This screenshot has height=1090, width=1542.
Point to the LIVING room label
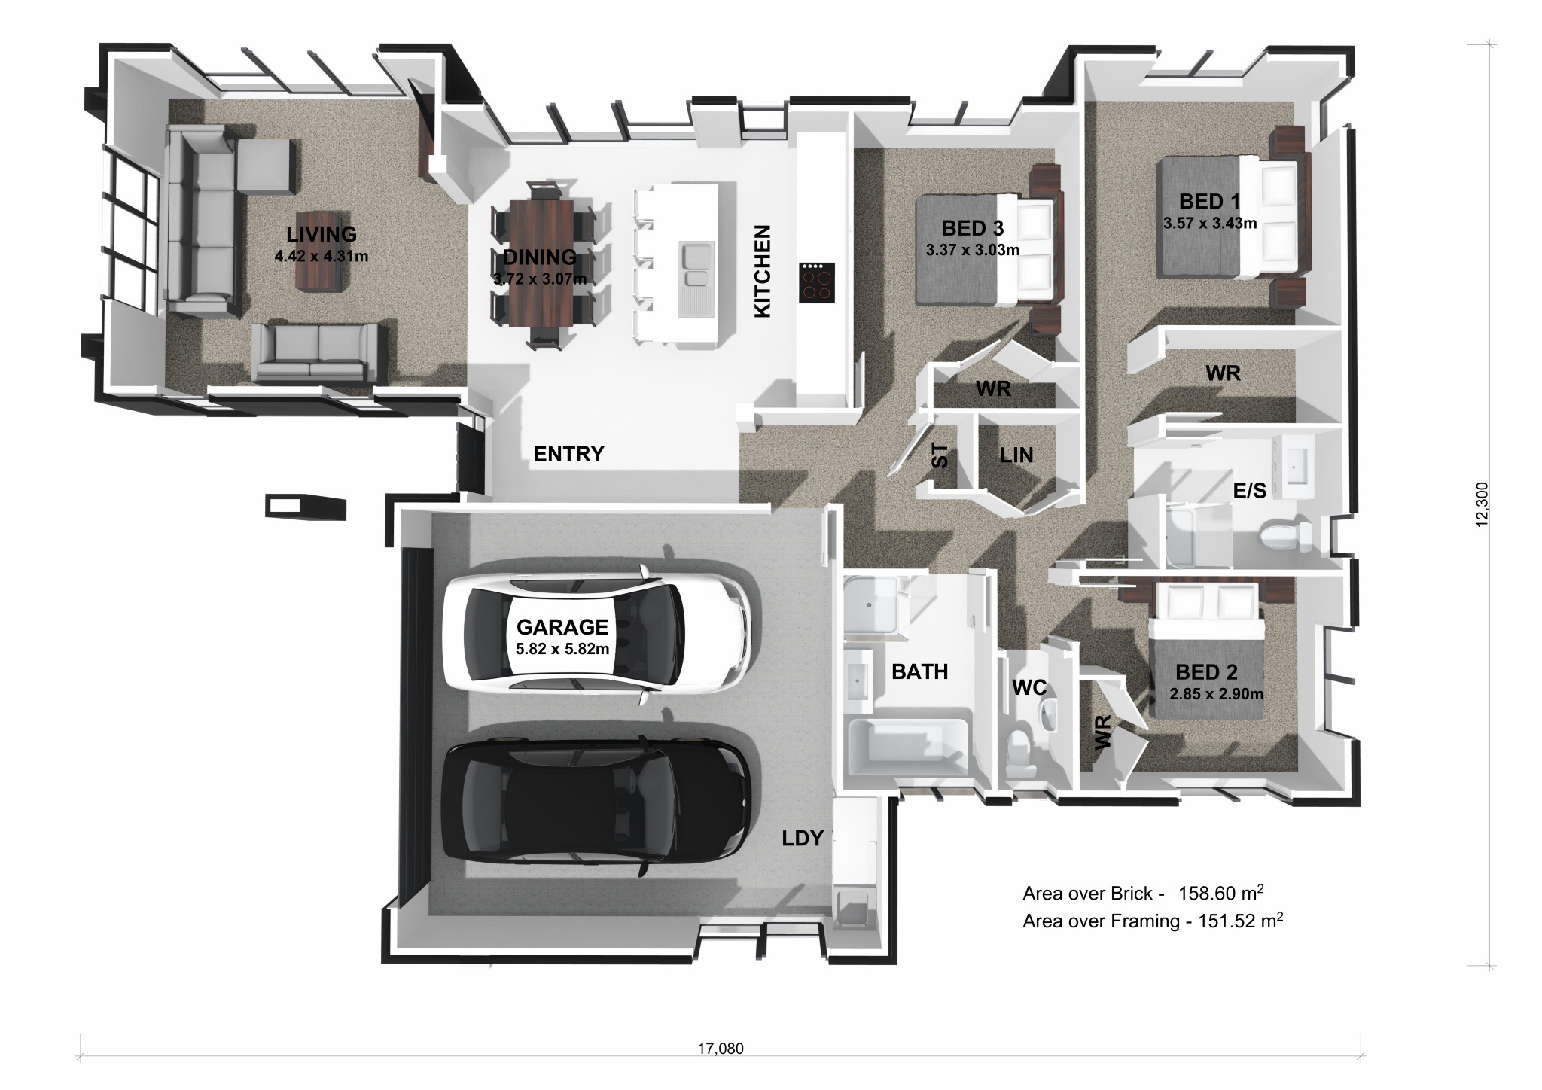click(x=322, y=235)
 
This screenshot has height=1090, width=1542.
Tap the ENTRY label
click(x=568, y=454)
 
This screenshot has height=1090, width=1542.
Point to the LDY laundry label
click(x=803, y=839)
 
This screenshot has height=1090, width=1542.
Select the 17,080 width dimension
click(x=721, y=1048)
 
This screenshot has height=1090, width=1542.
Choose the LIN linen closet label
click(x=1016, y=455)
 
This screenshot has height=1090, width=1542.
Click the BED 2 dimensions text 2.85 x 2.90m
click(x=1216, y=694)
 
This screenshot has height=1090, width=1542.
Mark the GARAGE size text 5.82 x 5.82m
click(x=562, y=648)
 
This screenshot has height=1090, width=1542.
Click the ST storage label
click(x=940, y=455)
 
